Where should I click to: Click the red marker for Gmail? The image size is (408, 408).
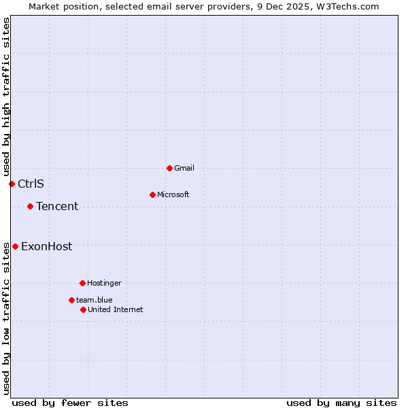pyautogui.click(x=169, y=168)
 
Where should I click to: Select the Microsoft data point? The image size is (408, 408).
pyautogui.click(x=152, y=194)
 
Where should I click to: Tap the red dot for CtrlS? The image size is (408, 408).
pyautogui.click(x=12, y=184)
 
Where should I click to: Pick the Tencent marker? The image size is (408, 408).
pyautogui.click(x=30, y=206)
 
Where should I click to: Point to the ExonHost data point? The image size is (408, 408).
pyautogui.click(x=15, y=246)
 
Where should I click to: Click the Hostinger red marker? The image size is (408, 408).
pyautogui.click(x=82, y=283)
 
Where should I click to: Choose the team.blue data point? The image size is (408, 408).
pyautogui.click(x=71, y=300)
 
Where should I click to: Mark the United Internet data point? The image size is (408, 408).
pyautogui.click(x=83, y=309)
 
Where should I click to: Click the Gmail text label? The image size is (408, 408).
pyautogui.click(x=184, y=168)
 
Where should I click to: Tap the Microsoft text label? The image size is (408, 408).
pyautogui.click(x=173, y=194)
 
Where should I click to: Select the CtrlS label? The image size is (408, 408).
pyautogui.click(x=31, y=184)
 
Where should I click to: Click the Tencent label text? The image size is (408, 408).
pyautogui.click(x=57, y=206)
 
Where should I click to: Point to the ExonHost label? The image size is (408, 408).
pyautogui.click(x=46, y=246)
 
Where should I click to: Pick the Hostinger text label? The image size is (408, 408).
pyautogui.click(x=104, y=283)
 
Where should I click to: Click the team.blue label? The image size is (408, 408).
pyautogui.click(x=94, y=300)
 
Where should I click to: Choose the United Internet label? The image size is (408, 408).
pyautogui.click(x=115, y=309)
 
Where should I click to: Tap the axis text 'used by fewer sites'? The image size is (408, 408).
pyautogui.click(x=70, y=403)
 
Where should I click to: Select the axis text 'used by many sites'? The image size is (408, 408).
pyautogui.click(x=341, y=403)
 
